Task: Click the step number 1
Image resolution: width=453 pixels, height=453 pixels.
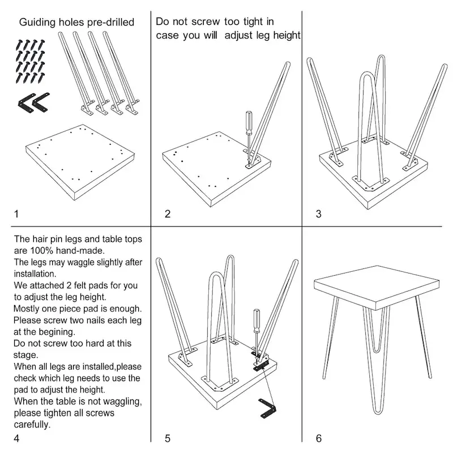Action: [16, 214]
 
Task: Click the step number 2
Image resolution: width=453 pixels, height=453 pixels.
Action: [167, 214]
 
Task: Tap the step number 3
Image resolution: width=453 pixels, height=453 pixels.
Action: [318, 214]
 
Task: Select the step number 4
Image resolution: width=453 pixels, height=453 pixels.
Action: [16, 438]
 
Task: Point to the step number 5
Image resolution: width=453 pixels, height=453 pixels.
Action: [167, 438]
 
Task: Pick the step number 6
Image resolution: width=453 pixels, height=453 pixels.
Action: [319, 438]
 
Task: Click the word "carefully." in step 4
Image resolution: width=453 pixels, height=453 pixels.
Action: [32, 424]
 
